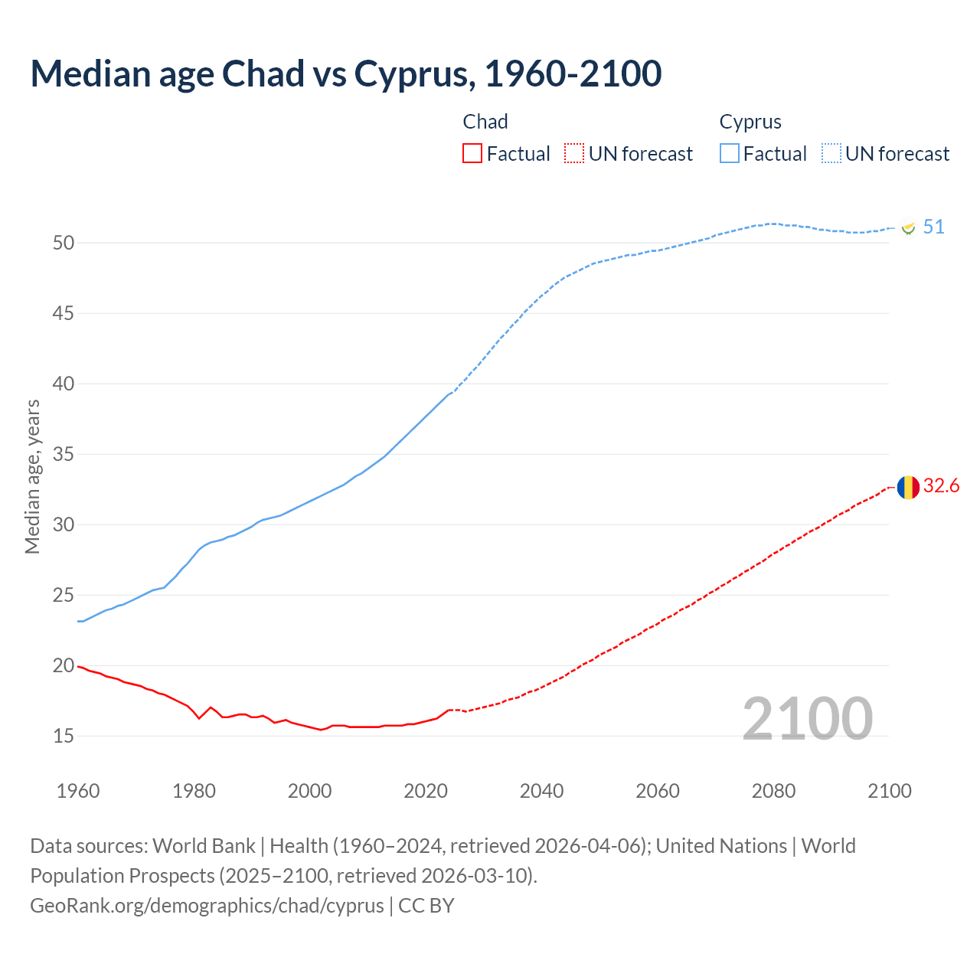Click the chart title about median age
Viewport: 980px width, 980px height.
click(x=345, y=73)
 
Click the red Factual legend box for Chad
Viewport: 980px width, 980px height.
click(x=472, y=154)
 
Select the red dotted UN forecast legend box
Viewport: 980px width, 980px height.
click(x=573, y=154)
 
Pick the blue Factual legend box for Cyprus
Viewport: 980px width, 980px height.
click(x=729, y=154)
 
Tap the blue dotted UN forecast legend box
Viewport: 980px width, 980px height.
click(x=831, y=154)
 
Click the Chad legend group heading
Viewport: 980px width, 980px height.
click(x=485, y=122)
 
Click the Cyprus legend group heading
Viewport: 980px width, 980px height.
click(x=750, y=122)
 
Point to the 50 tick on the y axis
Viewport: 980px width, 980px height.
click(x=64, y=243)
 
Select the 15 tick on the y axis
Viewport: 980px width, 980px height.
click(x=64, y=736)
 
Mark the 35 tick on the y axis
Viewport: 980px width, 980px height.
click(x=64, y=454)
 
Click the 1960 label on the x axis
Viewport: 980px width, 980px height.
click(x=78, y=791)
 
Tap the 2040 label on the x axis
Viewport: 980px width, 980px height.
click(x=541, y=791)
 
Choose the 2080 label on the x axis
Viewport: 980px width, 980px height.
click(x=773, y=791)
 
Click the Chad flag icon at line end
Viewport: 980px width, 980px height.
click(x=908, y=487)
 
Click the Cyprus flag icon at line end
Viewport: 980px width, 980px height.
click(x=909, y=228)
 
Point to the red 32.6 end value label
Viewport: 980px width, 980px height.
click(x=941, y=486)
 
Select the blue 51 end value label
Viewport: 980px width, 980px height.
click(x=933, y=227)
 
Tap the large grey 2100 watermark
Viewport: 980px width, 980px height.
click(x=807, y=719)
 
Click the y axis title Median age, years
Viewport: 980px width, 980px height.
click(x=32, y=476)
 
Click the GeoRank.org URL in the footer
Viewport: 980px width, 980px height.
click(x=207, y=905)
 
